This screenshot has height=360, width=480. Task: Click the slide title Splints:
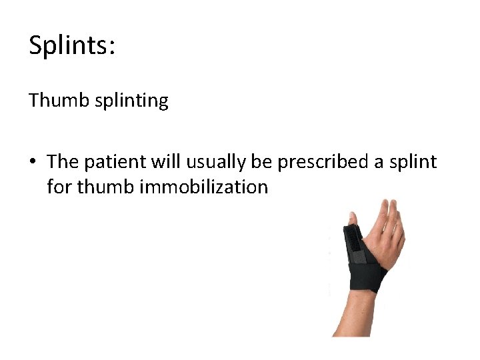tap(72, 47)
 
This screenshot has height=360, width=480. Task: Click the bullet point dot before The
tap(33, 163)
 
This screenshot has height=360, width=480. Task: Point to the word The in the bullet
tap(62, 162)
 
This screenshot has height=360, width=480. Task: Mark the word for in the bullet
tap(59, 187)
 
